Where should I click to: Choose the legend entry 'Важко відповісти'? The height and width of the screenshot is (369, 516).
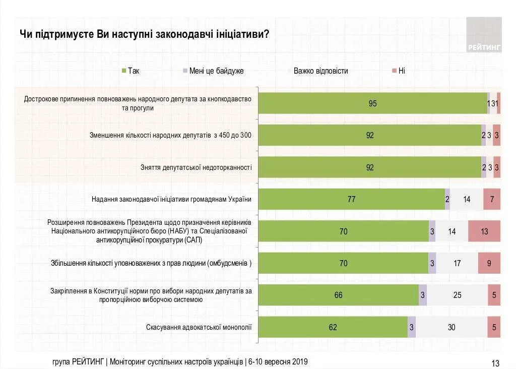click(318, 71)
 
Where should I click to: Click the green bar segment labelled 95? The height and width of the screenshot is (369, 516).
click(372, 104)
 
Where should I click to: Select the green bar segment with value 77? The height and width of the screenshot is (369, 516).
click(351, 199)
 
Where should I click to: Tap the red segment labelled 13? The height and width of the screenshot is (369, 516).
click(484, 231)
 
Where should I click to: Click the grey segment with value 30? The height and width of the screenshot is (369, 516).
click(451, 327)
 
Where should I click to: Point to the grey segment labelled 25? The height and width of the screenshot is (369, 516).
click(457, 295)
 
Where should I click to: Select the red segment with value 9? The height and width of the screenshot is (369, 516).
click(489, 263)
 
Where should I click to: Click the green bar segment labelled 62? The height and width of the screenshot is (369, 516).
click(333, 327)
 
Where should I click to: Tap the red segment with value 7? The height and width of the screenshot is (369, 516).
click(492, 199)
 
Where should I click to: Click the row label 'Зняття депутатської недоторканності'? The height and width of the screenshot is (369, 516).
click(196, 167)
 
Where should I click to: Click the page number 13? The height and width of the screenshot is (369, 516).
click(495, 363)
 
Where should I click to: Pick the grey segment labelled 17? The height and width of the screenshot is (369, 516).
click(457, 263)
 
